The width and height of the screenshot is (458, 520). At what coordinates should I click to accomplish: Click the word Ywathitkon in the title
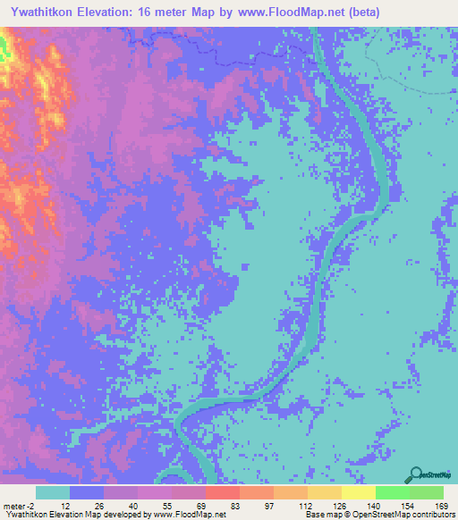tap(41, 13)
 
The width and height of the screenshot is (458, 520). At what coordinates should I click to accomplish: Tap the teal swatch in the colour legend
tap(53, 492)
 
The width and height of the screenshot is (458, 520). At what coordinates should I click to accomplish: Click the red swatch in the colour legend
tap(222, 492)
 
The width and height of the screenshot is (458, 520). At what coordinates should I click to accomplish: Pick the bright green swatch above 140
tap(392, 492)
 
